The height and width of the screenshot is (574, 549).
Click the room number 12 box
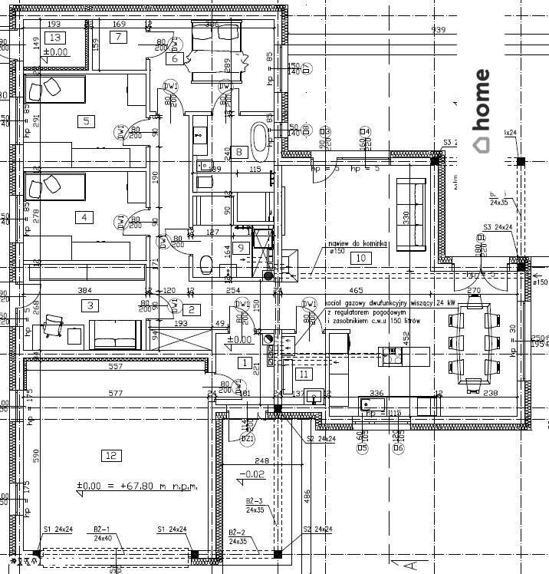point(111,456)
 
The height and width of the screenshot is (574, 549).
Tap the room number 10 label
point(360,258)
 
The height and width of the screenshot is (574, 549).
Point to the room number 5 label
point(86,120)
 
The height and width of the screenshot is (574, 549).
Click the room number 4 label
point(84,217)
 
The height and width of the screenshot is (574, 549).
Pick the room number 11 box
point(304,374)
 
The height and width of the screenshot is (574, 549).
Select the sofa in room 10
point(410,213)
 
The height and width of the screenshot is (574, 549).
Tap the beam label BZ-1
point(103,529)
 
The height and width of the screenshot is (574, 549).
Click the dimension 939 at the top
point(439,30)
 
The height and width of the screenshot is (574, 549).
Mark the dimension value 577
point(116,393)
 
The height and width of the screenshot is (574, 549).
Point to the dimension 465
point(356,291)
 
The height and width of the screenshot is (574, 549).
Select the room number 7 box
point(120,38)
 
